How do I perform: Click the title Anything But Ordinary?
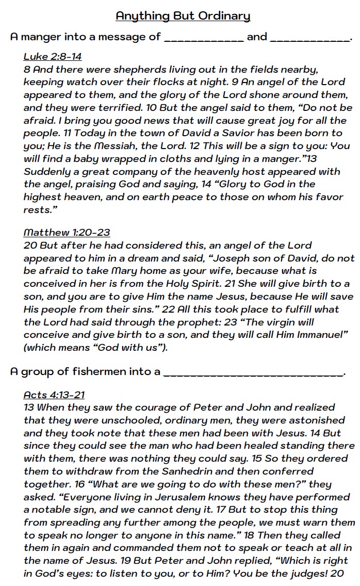coord(183,16)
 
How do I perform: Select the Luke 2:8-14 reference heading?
coord(53,56)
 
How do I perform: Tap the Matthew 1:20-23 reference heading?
coord(67,233)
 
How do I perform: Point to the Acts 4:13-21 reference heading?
coord(54,395)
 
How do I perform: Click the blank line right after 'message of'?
coord(204,38)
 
